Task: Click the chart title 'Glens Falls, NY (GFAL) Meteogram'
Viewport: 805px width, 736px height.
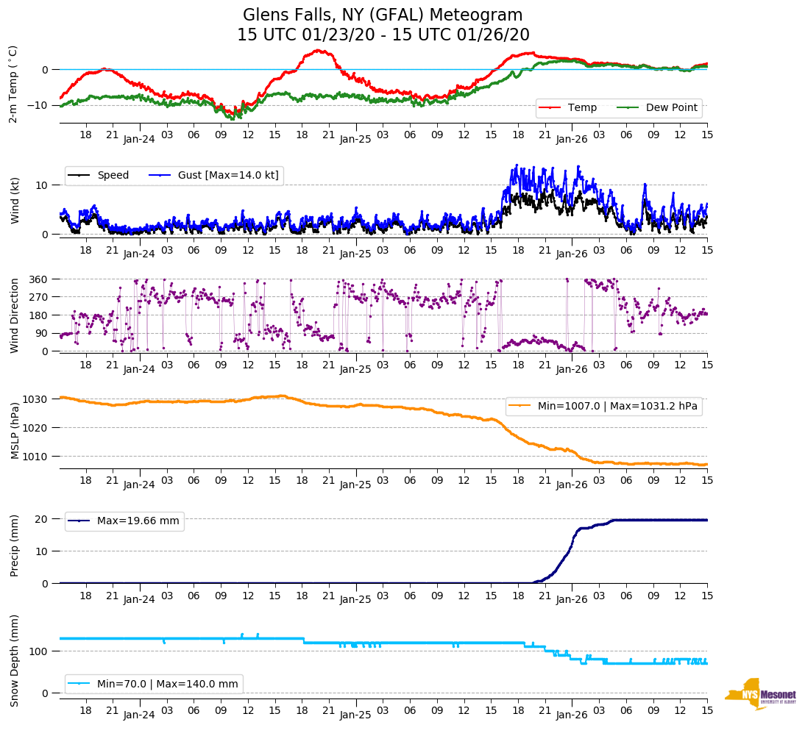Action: tap(383, 15)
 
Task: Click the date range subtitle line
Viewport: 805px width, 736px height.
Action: tap(383, 35)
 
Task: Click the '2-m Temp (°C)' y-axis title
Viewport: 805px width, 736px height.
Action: tap(13, 83)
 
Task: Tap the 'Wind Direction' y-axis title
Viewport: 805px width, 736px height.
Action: tap(14, 315)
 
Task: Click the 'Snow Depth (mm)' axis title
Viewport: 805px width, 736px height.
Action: tap(14, 660)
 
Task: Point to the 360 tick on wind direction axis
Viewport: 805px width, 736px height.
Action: tap(40, 279)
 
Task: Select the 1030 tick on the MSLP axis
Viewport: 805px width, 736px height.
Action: tap(37, 399)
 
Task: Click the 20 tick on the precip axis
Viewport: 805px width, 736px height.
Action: tap(42, 519)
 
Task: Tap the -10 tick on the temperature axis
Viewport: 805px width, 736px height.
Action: tap(38, 105)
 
